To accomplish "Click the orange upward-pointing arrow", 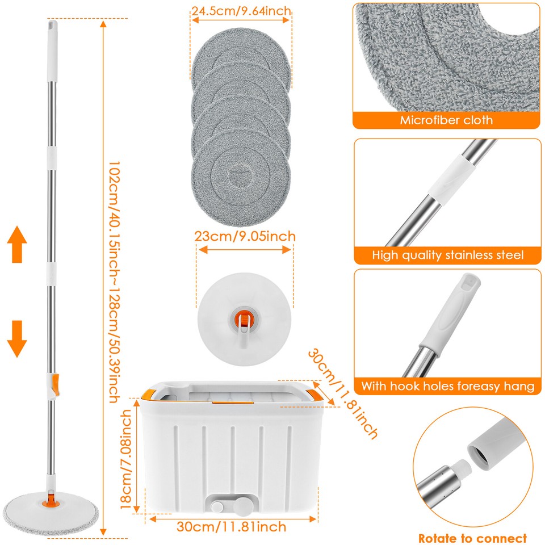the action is [x=18, y=244].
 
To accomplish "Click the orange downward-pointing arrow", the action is [x=18, y=338].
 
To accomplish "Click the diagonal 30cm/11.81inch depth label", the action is [x=343, y=393].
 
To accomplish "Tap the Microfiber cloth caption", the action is [x=446, y=120].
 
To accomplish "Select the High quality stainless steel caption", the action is [x=447, y=255].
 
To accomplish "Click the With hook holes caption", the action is [x=447, y=387].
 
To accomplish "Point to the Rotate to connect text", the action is [x=472, y=538].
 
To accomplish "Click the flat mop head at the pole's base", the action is [x=51, y=509].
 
